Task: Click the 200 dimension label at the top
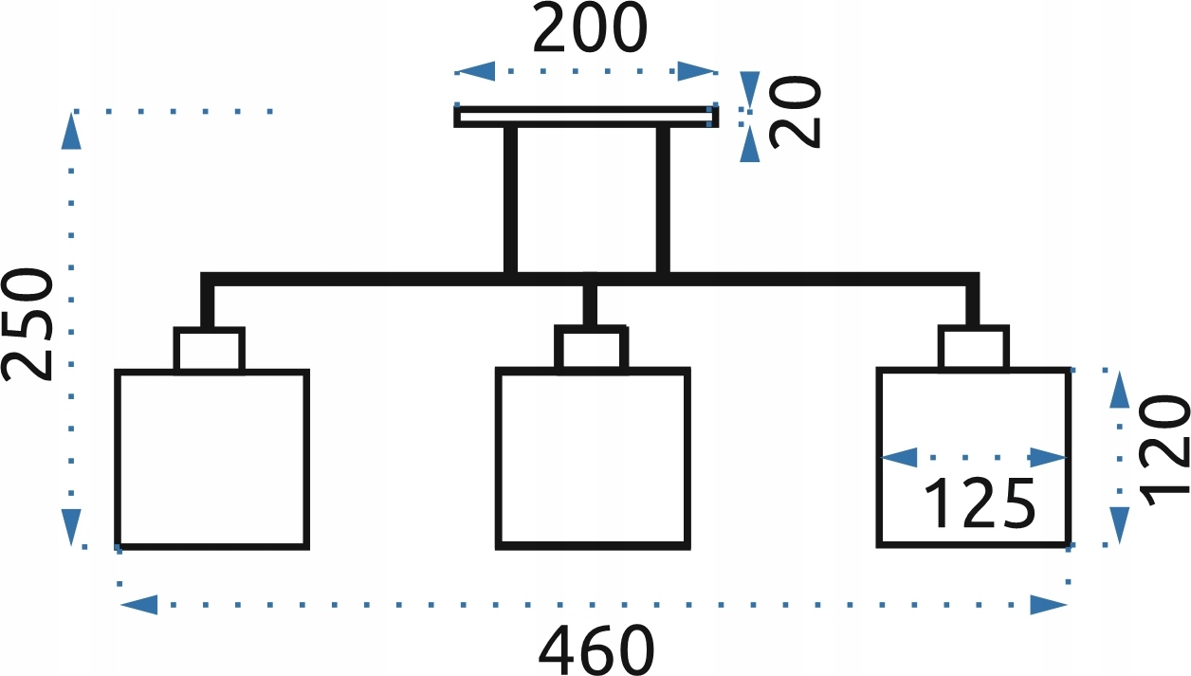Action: click(590, 28)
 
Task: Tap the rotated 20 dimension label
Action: click(796, 112)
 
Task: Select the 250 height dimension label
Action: click(27, 324)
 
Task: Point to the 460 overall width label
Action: click(596, 650)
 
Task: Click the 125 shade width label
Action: click(980, 503)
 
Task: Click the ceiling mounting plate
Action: click(586, 117)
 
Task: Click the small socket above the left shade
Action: click(210, 349)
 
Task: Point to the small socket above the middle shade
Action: click(592, 346)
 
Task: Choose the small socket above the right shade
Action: click(974, 346)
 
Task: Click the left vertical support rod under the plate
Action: click(510, 200)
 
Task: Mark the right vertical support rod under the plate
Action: click(663, 200)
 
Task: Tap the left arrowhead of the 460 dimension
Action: click(138, 605)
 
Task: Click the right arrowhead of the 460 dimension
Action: click(1049, 605)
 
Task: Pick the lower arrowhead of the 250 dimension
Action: click(71, 527)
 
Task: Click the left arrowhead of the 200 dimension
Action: click(475, 71)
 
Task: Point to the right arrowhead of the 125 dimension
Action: click(1049, 457)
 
